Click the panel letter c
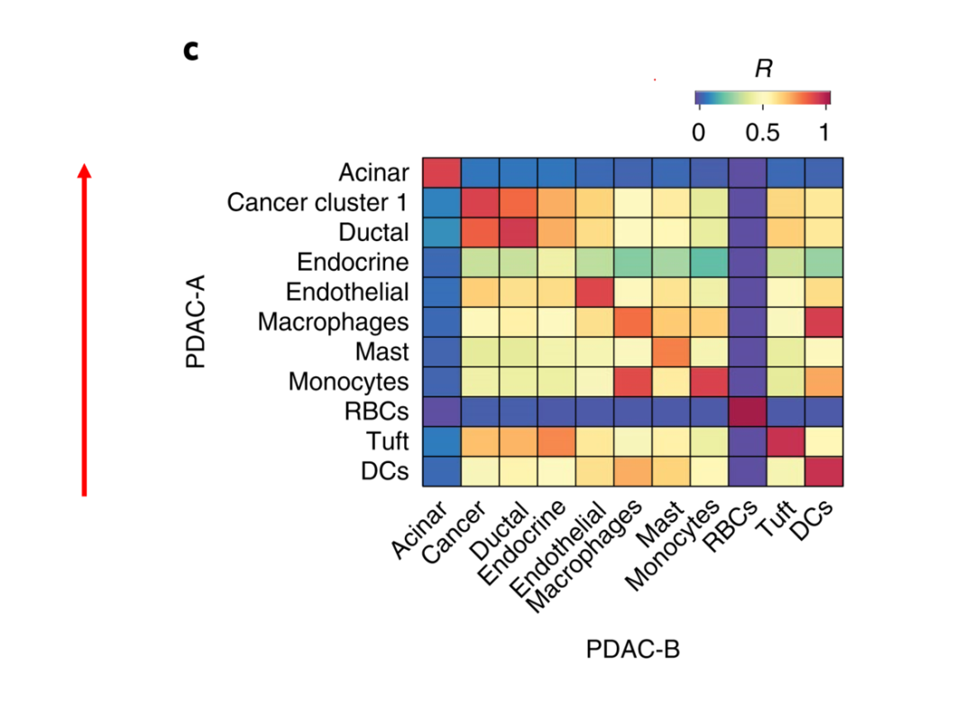click(x=190, y=51)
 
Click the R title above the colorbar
click(x=763, y=69)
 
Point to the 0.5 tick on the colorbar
click(x=762, y=133)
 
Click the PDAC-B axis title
click(x=632, y=649)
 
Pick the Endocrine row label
click(x=353, y=263)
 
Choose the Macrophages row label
click(x=333, y=322)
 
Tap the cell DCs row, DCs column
click(x=823, y=471)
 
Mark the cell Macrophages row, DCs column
click(x=823, y=322)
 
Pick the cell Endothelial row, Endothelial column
click(x=594, y=292)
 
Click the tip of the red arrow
click(x=84, y=165)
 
